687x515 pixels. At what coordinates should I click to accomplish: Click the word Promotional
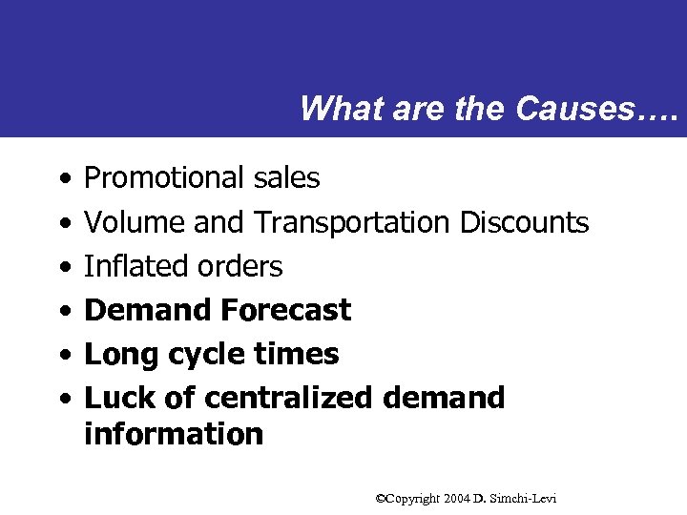pos(165,177)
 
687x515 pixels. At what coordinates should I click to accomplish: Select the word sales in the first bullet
pos(287,177)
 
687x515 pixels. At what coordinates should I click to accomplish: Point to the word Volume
pos(135,222)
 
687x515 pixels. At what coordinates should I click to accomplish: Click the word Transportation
pos(351,222)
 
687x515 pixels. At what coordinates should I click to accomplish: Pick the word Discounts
pos(524,222)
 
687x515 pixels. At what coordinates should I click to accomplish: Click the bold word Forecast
pos(285,310)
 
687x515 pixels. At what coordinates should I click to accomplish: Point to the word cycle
pos(198,354)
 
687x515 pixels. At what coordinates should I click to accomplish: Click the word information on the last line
pos(174,434)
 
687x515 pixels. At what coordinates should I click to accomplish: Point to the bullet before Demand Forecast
pos(62,311)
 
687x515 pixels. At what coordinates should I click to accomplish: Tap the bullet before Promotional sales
pos(62,178)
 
